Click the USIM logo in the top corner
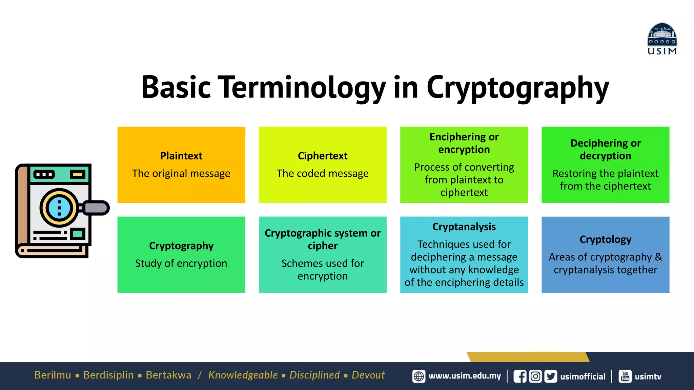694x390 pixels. coord(662,39)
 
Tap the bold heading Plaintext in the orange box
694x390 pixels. coord(181,156)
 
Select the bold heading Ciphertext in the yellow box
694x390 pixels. coord(322,156)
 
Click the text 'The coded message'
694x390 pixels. coord(322,173)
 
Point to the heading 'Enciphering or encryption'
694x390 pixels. coord(464,143)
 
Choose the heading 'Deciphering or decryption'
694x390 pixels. coord(605,149)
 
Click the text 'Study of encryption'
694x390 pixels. coord(181,263)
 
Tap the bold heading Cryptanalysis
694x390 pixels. coord(464,226)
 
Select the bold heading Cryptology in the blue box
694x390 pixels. coord(605,239)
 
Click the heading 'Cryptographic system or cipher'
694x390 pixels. coord(322,239)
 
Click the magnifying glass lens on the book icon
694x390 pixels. coord(59,208)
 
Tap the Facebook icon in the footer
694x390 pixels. coord(520,376)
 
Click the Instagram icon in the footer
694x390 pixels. coord(535,376)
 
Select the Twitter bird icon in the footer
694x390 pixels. coord(551,376)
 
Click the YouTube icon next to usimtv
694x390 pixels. coord(625,376)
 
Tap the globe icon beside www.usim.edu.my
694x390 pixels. coord(419,376)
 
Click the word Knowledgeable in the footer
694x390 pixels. coord(243,375)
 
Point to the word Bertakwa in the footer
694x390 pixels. coord(168,375)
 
